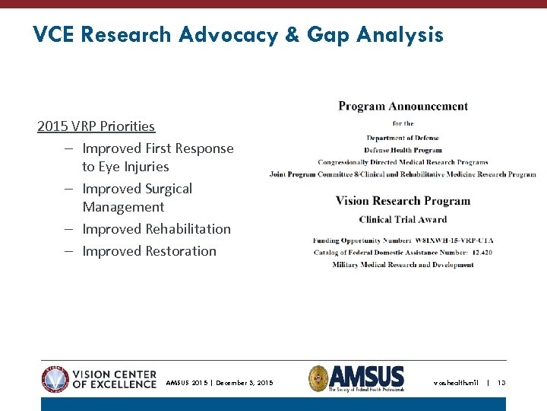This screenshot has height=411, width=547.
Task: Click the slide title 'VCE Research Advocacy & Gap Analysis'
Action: click(238, 35)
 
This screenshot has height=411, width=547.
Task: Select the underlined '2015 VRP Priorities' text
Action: click(96, 126)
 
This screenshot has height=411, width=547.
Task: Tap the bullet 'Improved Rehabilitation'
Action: click(156, 229)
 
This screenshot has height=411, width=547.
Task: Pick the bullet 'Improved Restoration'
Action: click(149, 251)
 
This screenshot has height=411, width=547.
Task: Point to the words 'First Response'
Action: click(189, 148)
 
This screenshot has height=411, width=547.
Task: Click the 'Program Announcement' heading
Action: click(403, 107)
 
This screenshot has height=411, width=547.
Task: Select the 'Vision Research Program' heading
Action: click(403, 202)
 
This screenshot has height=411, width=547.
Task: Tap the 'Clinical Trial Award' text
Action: click(403, 220)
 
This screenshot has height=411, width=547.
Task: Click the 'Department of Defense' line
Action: click(403, 138)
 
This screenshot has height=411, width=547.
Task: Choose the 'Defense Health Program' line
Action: click(403, 150)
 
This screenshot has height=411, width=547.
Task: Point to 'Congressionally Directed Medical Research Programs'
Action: click(403, 162)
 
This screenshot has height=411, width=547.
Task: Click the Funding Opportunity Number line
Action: click(403, 241)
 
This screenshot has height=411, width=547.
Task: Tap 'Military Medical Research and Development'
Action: click(403, 265)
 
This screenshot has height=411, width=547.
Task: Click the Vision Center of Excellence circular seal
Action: click(55, 379)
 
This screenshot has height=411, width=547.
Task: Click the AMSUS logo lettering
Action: click(367, 376)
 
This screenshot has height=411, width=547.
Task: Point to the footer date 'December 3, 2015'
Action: click(245, 383)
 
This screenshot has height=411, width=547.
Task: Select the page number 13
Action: click(501, 383)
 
